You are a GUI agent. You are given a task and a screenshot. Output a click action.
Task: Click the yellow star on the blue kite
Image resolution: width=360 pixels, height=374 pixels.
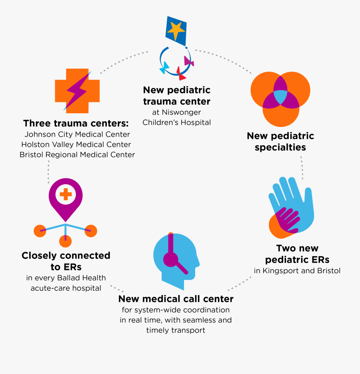point(176,30)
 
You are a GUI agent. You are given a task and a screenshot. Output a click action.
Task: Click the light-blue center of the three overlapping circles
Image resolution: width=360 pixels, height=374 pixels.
point(280,97)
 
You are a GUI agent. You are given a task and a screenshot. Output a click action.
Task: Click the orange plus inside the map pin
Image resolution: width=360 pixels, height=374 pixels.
point(66,195)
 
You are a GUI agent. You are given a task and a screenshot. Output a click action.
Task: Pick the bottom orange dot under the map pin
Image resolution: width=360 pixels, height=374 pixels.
point(65,241)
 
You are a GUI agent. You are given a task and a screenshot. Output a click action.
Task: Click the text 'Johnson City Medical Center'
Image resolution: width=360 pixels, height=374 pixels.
point(77,134)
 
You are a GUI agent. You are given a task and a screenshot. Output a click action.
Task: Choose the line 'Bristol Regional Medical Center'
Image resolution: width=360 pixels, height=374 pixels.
point(77,155)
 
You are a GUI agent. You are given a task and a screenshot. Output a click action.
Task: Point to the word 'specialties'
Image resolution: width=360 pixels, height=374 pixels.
point(280,147)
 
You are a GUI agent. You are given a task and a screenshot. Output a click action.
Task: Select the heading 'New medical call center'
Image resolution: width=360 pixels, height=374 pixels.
point(176,299)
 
